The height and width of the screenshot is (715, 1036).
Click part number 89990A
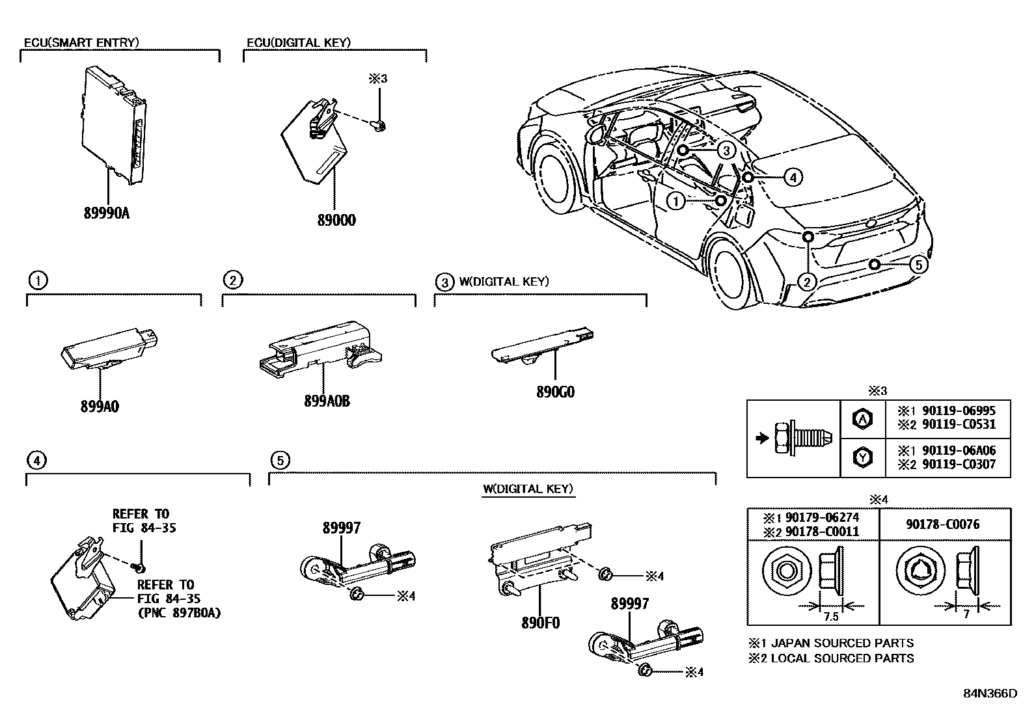pos(107,212)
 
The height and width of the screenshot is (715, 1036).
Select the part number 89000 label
pos(336,221)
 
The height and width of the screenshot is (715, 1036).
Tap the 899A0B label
pos(327,401)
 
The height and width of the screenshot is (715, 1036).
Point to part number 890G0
pos(556,392)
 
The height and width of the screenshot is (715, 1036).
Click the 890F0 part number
pos(539,623)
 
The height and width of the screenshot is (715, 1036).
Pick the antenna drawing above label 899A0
pos(111,347)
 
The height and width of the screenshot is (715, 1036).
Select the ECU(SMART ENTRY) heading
pos(81,43)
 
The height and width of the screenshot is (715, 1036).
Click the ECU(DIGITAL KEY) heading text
pos(299,43)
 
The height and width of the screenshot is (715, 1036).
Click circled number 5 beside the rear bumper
pos(917,265)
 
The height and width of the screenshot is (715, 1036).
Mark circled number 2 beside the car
pos(806,282)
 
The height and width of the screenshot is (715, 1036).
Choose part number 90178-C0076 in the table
pos(942,524)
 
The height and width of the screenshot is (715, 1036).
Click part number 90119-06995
pos(957,412)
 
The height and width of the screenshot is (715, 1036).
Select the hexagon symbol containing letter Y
pos(862,457)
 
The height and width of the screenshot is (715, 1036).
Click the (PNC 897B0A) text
pos(178,612)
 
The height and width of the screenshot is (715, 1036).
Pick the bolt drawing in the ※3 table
pos(802,438)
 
